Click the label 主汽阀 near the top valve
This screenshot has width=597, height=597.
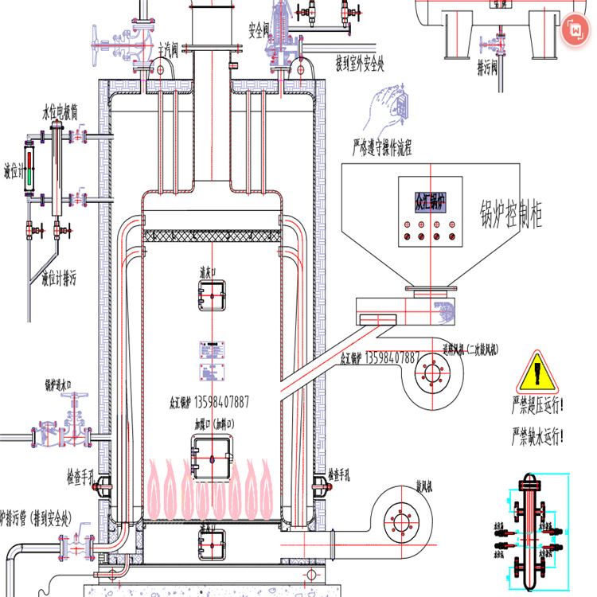pos(168,50)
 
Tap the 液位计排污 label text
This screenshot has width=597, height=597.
pos(60,279)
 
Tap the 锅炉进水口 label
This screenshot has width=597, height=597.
pos(68,384)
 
